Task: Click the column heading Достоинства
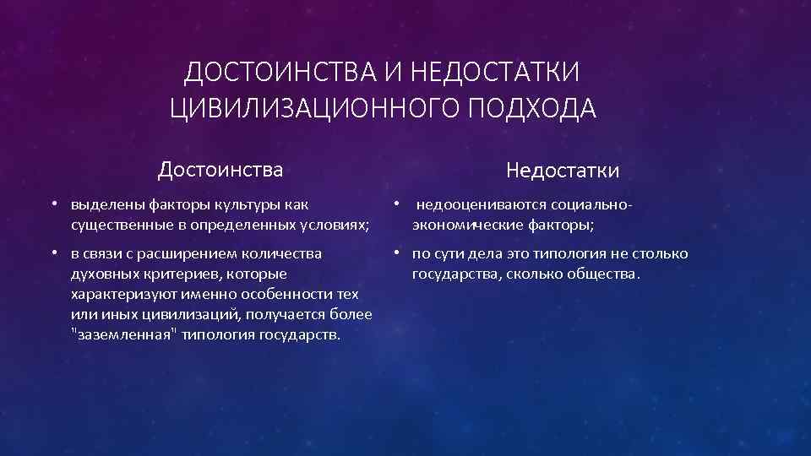[x=220, y=171]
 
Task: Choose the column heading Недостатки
[x=563, y=171]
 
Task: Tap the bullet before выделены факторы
[x=53, y=204]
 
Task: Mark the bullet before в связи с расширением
[x=53, y=253]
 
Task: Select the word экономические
[x=464, y=225]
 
